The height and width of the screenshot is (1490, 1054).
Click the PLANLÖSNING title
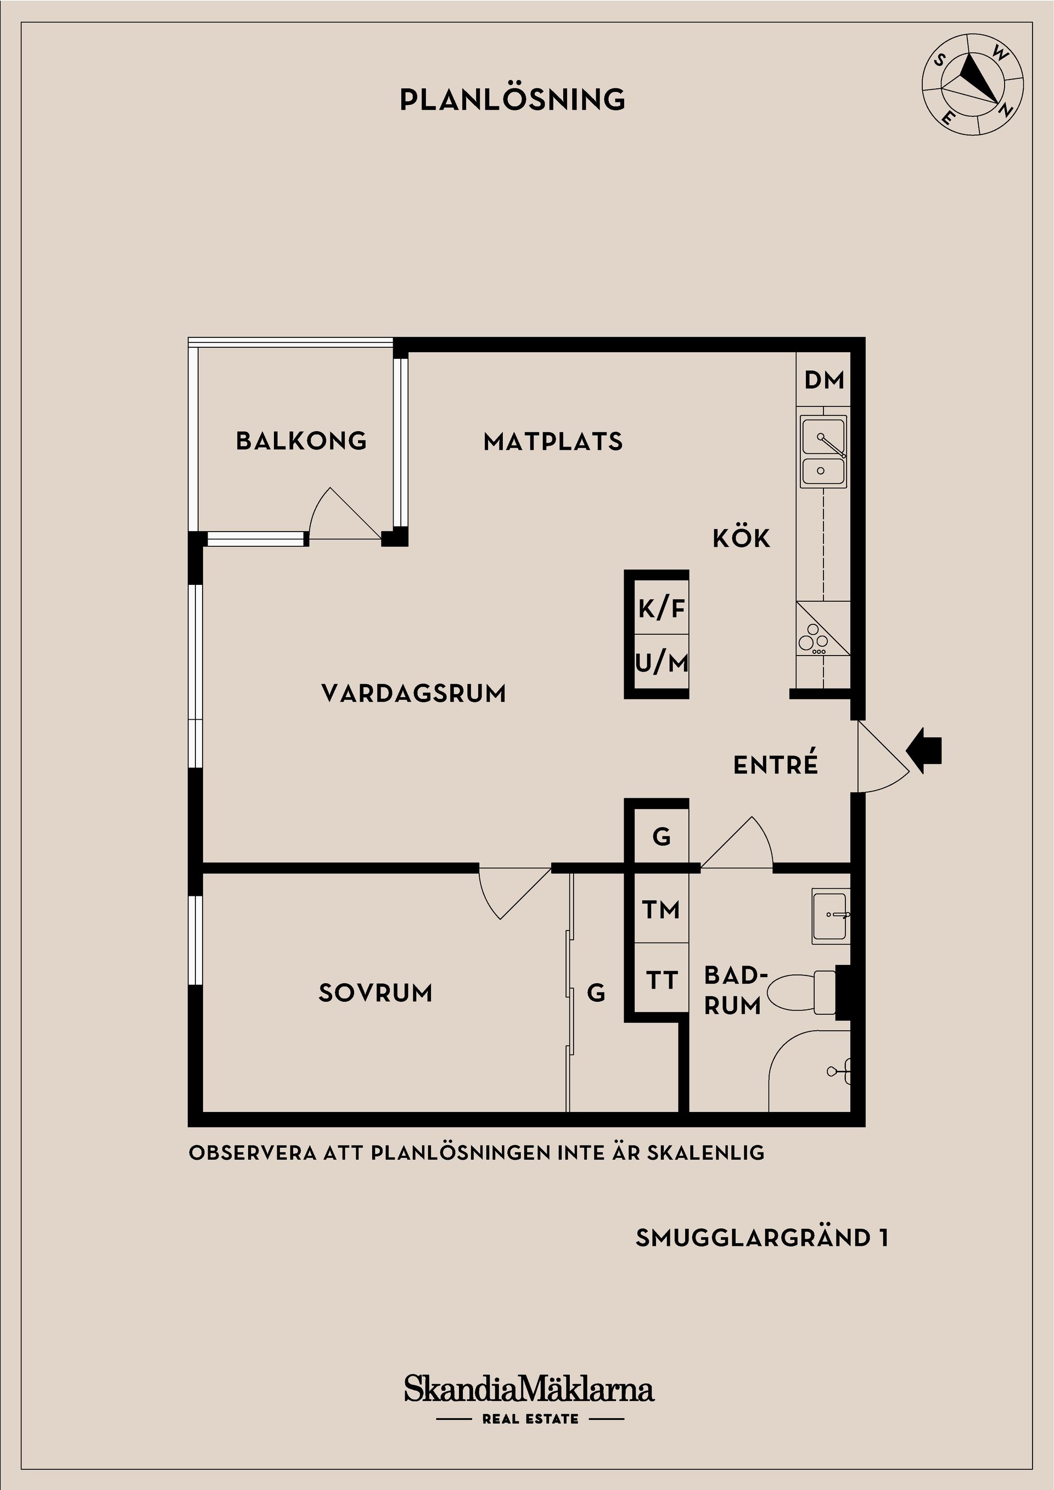(512, 99)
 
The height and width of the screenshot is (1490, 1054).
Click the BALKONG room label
(301, 441)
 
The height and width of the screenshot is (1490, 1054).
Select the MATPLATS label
(553, 442)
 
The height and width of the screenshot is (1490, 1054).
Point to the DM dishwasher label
(824, 380)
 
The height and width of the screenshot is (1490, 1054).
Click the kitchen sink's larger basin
(824, 436)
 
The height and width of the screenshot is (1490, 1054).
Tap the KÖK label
(742, 538)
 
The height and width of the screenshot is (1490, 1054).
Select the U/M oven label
(661, 663)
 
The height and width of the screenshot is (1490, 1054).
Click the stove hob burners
(813, 639)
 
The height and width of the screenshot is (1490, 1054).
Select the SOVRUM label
(375, 993)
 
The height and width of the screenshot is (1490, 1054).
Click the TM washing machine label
(661, 910)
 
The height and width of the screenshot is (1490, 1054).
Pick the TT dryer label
(661, 980)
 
